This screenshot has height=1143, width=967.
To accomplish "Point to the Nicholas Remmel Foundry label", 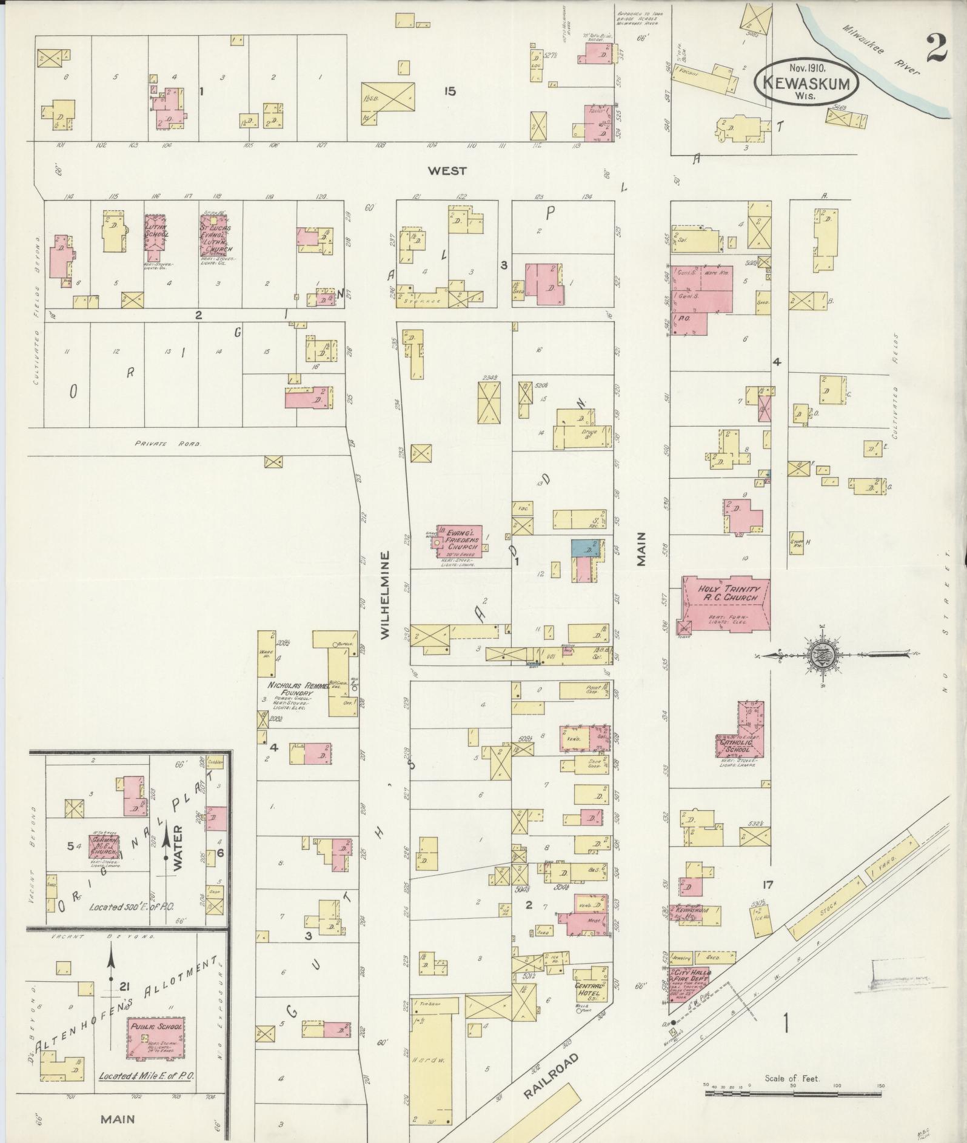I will point(290,688).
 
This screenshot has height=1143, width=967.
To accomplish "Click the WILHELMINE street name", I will point(385,595).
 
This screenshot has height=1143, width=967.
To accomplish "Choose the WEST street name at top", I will point(447,171).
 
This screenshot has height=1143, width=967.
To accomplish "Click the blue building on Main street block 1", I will point(581,548).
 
